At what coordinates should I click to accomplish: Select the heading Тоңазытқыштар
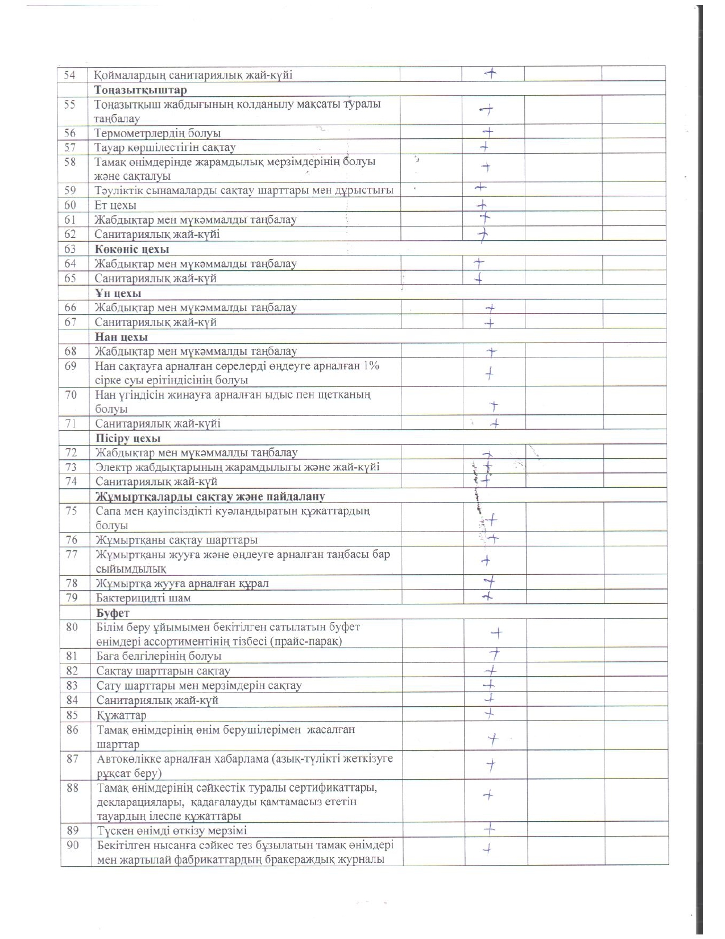(x=140, y=90)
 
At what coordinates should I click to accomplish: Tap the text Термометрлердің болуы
(x=158, y=133)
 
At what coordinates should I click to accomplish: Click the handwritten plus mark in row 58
(x=486, y=167)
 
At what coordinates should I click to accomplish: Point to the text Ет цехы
(x=115, y=205)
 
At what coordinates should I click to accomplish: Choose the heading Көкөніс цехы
(x=132, y=249)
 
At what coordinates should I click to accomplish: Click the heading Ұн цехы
(x=118, y=294)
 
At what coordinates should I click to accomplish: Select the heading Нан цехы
(x=121, y=337)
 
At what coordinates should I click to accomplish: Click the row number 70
(x=71, y=394)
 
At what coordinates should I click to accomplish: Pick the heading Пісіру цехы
(x=128, y=439)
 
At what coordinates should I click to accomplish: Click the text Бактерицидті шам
(x=143, y=598)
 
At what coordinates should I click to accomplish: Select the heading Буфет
(x=113, y=613)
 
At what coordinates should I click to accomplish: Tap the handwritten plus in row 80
(x=496, y=633)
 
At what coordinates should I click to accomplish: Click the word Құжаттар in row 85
(x=121, y=715)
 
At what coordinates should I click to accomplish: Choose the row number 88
(x=72, y=788)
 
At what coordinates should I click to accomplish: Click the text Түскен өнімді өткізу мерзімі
(x=172, y=830)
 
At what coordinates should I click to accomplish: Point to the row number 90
(x=72, y=845)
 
